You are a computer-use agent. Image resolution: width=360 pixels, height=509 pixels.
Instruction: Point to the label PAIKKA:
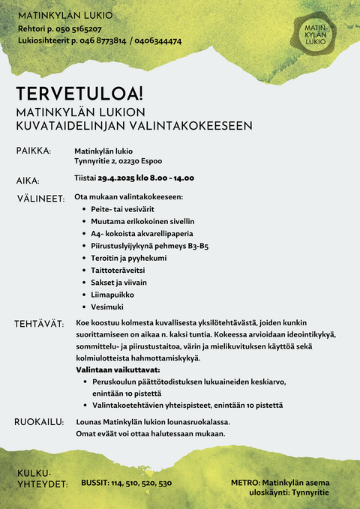click(x=34, y=151)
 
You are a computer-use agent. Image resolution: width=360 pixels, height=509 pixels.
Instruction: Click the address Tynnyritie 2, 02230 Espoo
click(x=118, y=161)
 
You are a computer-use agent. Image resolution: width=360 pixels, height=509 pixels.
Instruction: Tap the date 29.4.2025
click(x=118, y=178)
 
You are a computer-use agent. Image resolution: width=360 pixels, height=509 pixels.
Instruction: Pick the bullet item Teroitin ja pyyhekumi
click(x=128, y=258)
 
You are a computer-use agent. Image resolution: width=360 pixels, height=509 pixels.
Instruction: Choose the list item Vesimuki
click(x=109, y=307)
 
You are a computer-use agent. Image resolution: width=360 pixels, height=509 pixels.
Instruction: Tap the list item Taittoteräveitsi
click(x=118, y=270)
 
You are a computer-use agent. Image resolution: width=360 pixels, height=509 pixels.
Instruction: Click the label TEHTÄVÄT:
click(x=38, y=324)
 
